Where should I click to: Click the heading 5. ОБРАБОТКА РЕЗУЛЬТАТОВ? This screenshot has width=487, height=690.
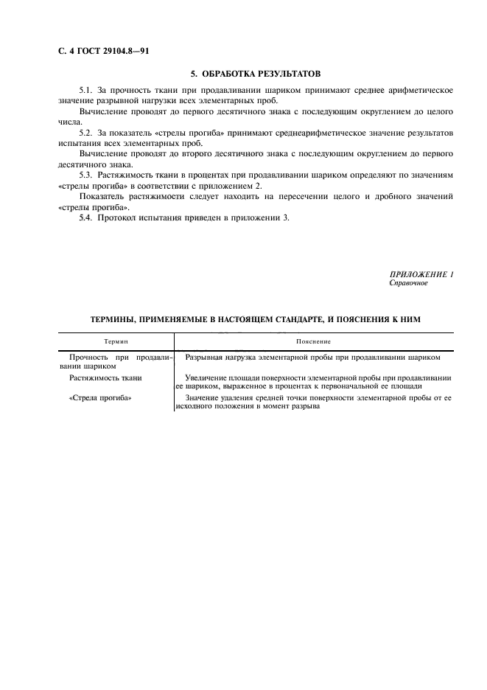click(256, 74)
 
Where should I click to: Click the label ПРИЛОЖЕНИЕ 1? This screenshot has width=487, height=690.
click(421, 274)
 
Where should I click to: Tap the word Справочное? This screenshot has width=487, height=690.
click(408, 283)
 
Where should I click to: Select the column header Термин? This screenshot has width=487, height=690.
click(116, 342)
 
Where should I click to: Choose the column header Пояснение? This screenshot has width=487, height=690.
click(313, 342)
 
